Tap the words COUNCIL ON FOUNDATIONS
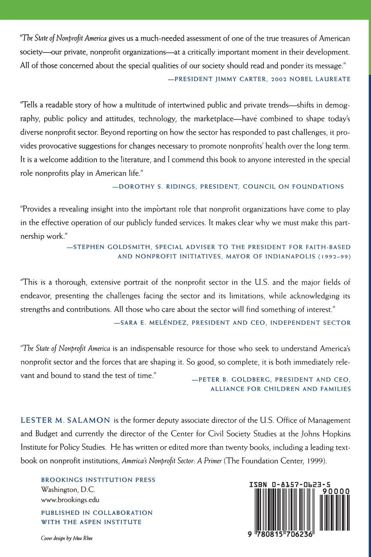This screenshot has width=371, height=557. pos(293,186)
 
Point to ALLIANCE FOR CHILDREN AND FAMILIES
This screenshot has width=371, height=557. pos(280,389)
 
